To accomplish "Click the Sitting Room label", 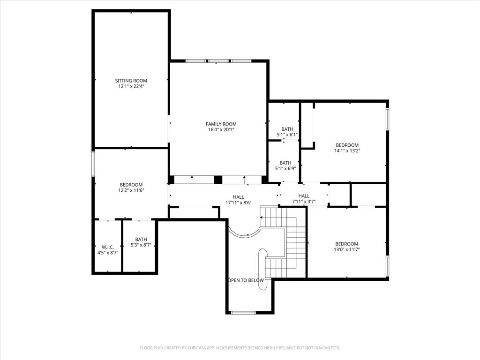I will pyautogui.click(x=131, y=81).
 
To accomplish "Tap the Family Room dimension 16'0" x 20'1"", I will pyautogui.click(x=222, y=130).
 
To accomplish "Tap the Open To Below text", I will pyautogui.click(x=246, y=280).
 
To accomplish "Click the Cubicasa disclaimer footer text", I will pyautogui.click(x=240, y=348).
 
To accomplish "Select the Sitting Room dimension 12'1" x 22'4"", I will pyautogui.click(x=131, y=86).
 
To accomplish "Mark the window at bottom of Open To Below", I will pyautogui.click(x=244, y=312).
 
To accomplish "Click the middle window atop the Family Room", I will pyautogui.click(x=218, y=61).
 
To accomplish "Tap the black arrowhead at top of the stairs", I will pyautogui.click(x=262, y=218).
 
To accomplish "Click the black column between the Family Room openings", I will pyautogui.click(x=218, y=180).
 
